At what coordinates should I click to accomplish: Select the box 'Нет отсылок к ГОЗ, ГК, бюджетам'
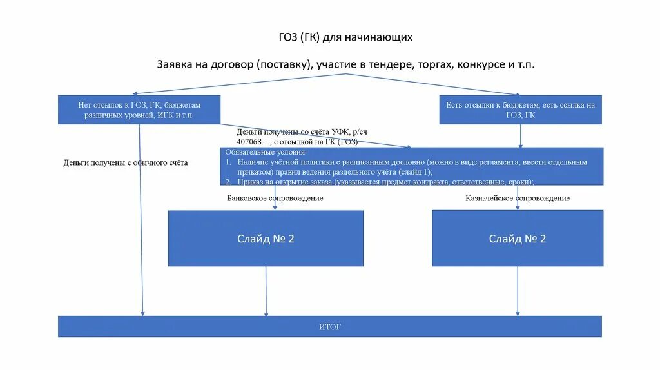coord(139,109)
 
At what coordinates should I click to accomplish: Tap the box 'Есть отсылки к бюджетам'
coord(520,110)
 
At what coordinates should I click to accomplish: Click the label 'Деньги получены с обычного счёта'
coord(126,163)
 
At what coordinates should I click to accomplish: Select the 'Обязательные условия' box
coord(411,166)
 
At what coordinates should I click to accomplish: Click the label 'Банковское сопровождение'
coord(275,199)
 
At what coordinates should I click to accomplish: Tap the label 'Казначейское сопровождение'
coord(518,199)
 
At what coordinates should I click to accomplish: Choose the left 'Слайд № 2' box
coord(266,239)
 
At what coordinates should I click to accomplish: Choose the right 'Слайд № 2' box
coord(518,239)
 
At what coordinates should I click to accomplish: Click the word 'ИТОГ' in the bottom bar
coord(330,327)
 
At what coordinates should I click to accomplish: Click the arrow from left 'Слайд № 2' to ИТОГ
coord(266,291)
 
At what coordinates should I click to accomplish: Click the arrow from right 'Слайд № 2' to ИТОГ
coord(518,291)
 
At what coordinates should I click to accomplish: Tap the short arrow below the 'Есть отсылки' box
coord(521,135)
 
